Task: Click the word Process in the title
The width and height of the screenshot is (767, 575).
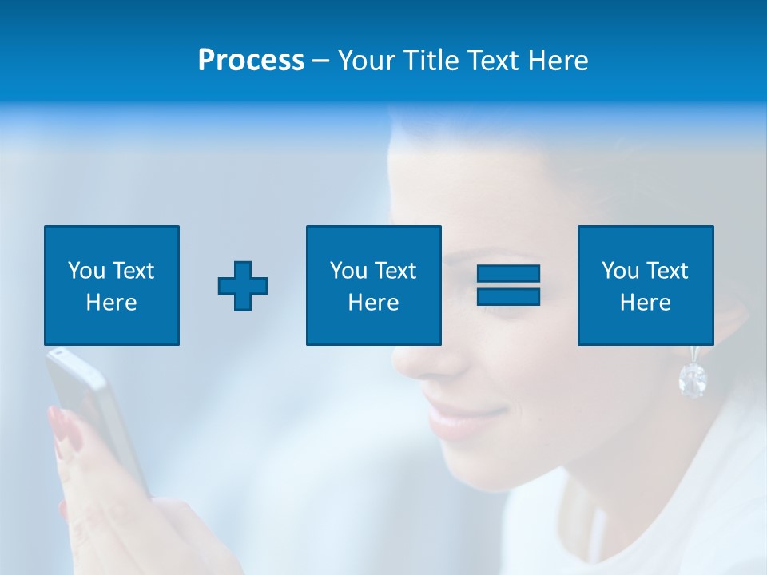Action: (x=251, y=61)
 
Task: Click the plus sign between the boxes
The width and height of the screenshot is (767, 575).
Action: (x=243, y=286)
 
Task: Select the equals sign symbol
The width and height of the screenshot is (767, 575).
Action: (x=508, y=286)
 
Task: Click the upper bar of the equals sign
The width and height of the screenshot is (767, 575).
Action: (x=508, y=275)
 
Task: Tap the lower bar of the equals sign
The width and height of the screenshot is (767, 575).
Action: (x=508, y=297)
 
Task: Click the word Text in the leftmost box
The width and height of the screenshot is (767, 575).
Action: (x=133, y=271)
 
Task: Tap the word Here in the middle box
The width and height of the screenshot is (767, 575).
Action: (x=373, y=303)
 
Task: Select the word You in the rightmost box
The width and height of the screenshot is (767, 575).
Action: (x=620, y=271)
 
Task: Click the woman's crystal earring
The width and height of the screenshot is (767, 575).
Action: (x=692, y=379)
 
